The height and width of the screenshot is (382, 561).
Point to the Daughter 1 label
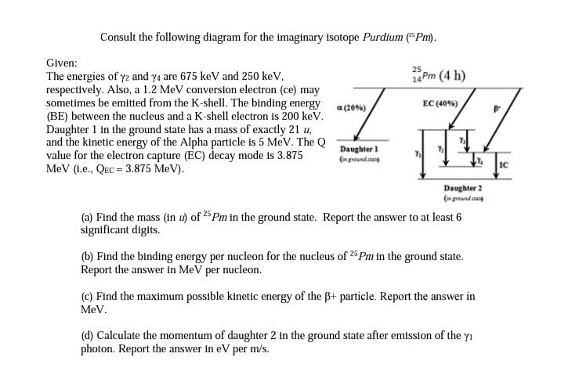pos(360,149)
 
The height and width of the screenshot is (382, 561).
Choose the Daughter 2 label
pos(462,189)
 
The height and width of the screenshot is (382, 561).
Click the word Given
pos(61,62)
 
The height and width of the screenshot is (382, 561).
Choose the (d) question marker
pos(87,336)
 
